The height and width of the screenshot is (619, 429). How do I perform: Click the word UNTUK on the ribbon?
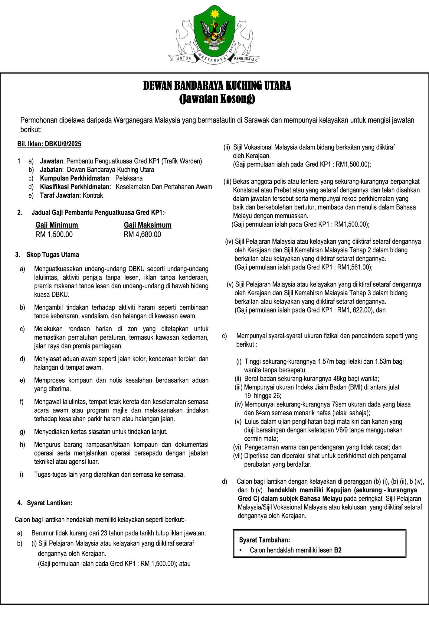point(183,59)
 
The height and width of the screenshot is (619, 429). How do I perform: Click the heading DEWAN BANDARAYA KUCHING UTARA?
point(217,86)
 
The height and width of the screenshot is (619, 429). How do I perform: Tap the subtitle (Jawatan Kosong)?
point(217,99)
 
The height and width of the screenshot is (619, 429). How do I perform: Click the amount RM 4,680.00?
point(142,235)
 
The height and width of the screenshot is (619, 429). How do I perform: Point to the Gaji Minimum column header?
point(57,225)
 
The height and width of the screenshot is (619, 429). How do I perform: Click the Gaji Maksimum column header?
point(148,225)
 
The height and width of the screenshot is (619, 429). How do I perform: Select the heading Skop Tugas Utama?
point(53,254)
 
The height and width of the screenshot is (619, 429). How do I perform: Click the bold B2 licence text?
point(338,550)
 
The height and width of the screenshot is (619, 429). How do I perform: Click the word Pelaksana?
point(129,178)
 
